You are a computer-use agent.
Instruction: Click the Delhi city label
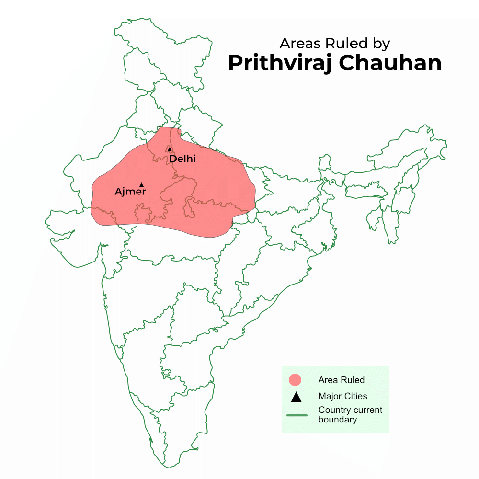point(182,159)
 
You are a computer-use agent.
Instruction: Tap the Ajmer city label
point(130,192)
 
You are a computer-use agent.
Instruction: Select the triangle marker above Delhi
point(170,149)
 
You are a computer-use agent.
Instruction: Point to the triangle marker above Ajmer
point(141,184)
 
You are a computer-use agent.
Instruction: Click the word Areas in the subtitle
point(300,44)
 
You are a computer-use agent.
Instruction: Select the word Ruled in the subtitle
point(345,44)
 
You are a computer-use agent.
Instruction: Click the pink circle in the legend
point(296,380)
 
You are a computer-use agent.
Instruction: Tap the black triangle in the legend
point(296,397)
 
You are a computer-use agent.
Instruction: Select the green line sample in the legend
point(297,415)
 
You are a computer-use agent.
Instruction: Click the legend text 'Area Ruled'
point(342,380)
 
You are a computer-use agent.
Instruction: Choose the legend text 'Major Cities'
point(342,396)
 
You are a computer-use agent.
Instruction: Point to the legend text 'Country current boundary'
point(350,415)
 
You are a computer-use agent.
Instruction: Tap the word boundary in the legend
point(338,420)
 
